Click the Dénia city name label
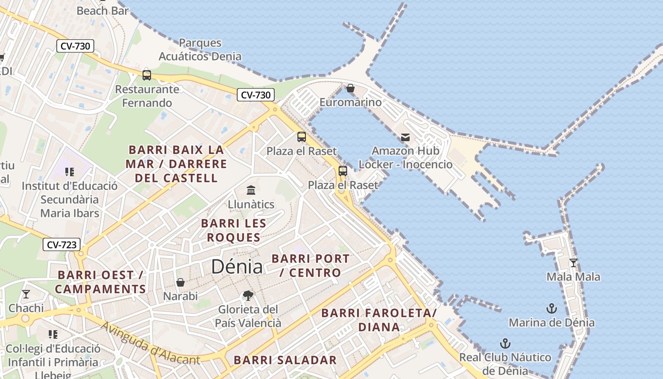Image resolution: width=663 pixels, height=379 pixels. [237, 267]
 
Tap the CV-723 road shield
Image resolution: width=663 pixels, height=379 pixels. [62, 245]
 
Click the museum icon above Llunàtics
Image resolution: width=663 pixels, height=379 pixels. [251, 190]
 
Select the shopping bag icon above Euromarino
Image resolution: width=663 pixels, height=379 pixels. [350, 88]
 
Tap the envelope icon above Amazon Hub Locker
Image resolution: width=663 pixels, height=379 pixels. [405, 137]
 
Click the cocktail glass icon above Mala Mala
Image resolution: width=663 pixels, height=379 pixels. [573, 263]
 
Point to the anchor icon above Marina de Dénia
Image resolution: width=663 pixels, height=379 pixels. [551, 309]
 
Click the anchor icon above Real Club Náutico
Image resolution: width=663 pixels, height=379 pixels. [505, 343]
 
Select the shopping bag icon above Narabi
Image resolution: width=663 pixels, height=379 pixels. [180, 282]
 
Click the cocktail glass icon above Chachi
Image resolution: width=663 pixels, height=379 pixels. [26, 294]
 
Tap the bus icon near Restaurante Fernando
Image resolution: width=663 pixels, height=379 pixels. [147, 75]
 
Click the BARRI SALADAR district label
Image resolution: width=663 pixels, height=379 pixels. [285, 360]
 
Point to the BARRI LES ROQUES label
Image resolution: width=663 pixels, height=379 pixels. [233, 230]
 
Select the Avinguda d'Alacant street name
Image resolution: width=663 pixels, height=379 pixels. [151, 343]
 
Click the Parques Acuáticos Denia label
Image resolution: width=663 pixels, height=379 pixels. [200, 50]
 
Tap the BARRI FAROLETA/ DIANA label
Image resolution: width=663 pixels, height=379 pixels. [379, 320]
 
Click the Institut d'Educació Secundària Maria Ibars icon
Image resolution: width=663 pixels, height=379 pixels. [70, 172]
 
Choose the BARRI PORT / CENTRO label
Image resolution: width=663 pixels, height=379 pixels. [311, 266]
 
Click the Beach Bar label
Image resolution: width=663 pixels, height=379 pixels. [102, 10]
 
